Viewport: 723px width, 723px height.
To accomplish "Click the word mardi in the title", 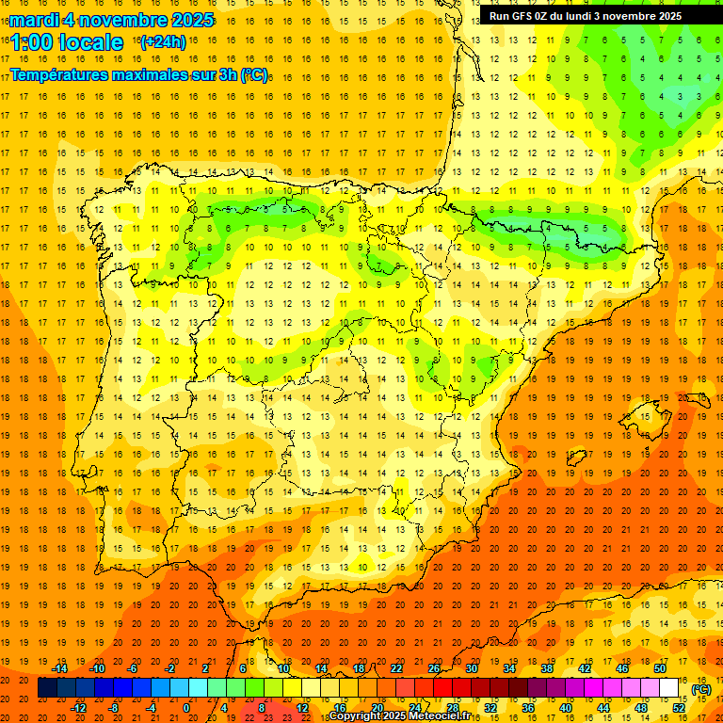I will [36, 20].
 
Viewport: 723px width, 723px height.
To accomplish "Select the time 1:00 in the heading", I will [32, 42].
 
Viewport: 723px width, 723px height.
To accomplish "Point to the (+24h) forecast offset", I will [163, 41].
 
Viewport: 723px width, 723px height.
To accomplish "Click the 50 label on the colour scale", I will [660, 668].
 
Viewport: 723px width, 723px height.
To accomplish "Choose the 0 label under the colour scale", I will [185, 708].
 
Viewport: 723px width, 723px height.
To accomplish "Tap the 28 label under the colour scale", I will [453, 708].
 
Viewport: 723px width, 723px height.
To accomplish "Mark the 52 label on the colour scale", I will [679, 708].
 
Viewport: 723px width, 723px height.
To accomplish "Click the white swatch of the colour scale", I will [669, 688].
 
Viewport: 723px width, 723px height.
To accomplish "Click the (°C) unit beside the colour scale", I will [701, 689].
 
